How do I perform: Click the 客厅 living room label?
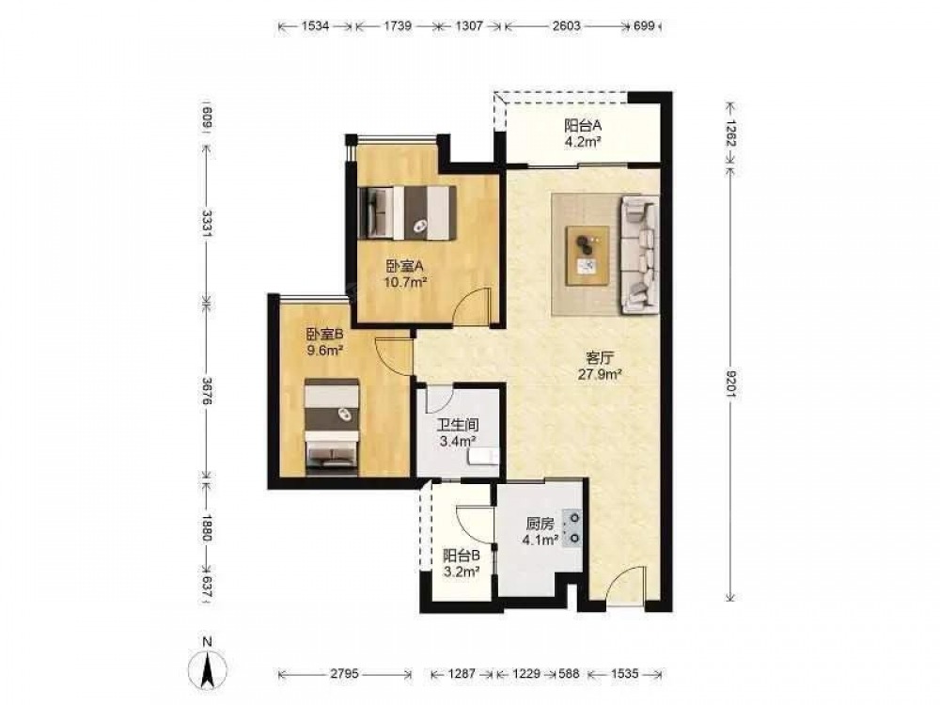click(600, 358)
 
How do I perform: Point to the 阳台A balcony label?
click(583, 126)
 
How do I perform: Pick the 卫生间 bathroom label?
click(458, 426)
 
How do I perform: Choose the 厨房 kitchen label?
click(540, 524)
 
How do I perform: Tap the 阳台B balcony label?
click(461, 556)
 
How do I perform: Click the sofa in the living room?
click(639, 255)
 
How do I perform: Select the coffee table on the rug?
click(588, 256)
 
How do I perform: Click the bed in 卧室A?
click(408, 212)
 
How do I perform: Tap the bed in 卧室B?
click(332, 427)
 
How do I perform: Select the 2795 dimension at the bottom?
click(344, 674)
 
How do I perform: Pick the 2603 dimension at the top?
click(566, 25)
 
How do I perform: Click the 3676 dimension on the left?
click(206, 390)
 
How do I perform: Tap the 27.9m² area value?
click(600, 374)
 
